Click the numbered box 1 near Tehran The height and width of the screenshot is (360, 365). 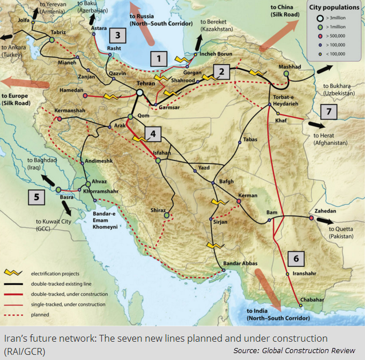coord(158,58)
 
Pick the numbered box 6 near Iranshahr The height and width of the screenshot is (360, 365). coord(295,259)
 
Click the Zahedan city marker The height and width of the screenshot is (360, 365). coord(312,217)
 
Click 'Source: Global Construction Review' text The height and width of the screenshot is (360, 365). coord(294,350)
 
